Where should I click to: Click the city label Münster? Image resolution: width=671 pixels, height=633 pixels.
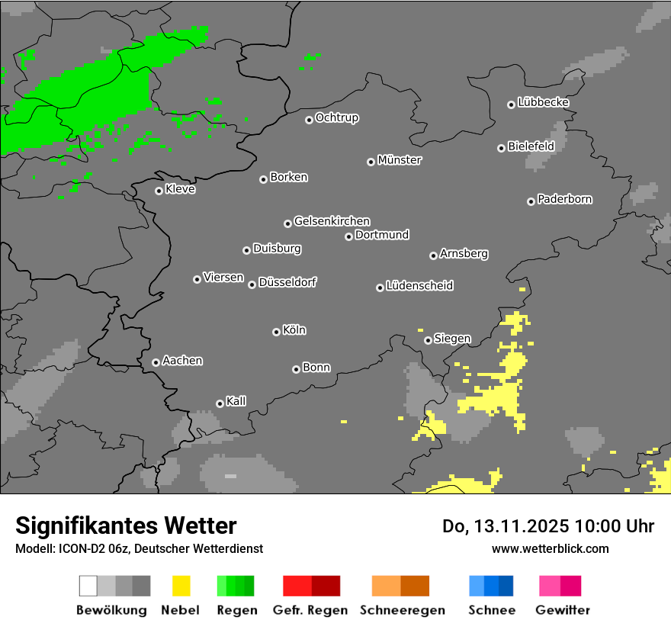[x=400, y=160]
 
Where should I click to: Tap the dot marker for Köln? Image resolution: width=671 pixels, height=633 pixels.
[x=276, y=332]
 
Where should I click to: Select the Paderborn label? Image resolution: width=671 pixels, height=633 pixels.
[x=565, y=199]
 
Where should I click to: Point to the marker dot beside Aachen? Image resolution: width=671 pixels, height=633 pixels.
[x=156, y=362]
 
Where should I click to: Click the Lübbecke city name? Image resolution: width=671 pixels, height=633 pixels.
[x=544, y=102]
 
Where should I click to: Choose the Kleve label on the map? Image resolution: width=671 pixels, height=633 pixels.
[x=181, y=189]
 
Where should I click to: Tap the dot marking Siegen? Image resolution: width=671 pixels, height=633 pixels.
[x=428, y=340]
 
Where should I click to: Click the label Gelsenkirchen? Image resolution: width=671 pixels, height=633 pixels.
[x=332, y=221]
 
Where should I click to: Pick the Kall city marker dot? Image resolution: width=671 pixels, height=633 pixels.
[x=220, y=403]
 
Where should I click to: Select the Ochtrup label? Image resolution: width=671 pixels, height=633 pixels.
[x=337, y=117]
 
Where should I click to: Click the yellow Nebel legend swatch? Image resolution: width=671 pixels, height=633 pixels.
[x=181, y=586]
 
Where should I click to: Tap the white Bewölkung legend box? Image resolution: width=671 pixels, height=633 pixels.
[x=88, y=586]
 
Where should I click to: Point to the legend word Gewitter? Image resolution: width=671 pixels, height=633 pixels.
[x=563, y=610]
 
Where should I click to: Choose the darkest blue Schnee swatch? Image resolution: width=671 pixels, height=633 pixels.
[x=506, y=586]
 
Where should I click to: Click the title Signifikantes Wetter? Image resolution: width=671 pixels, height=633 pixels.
[x=126, y=525]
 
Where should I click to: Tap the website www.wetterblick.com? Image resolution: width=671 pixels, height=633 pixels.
[x=551, y=548]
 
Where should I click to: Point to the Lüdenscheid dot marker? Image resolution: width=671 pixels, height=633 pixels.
[x=380, y=288]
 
